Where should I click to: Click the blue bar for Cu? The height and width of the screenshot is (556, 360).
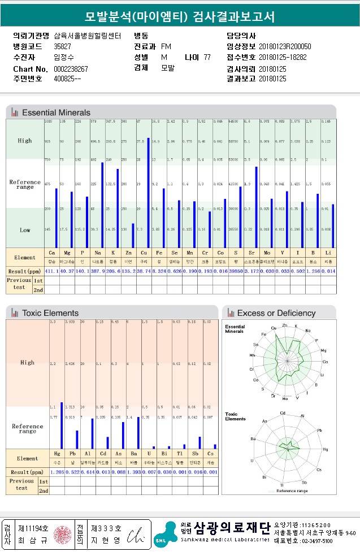tap(148, 192)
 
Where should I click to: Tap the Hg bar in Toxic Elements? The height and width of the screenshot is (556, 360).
tap(61, 424)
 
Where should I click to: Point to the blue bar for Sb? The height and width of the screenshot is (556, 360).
tap(199, 442)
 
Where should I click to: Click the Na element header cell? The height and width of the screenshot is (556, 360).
tap(98, 254)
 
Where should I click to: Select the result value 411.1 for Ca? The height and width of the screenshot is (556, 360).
tap(52, 271)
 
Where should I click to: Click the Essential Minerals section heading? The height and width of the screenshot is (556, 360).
tap(56, 112)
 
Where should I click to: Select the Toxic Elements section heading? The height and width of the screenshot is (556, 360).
tap(50, 313)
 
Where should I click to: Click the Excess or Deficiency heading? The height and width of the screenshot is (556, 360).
tap(276, 313)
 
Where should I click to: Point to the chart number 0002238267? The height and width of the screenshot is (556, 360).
tap(71, 69)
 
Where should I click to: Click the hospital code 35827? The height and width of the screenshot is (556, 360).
tap(62, 46)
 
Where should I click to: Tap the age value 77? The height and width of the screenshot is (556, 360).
tap(207, 58)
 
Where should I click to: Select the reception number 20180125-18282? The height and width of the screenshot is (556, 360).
tap(283, 58)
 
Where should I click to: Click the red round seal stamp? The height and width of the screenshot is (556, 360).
tap(59, 534)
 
